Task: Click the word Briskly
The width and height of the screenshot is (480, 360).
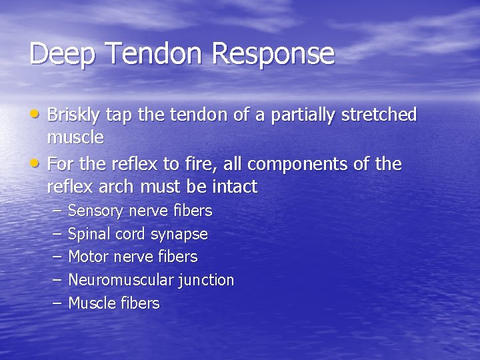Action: [73, 115]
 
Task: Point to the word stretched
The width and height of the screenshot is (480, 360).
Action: [379, 115]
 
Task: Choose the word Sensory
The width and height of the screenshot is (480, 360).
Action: [96, 211]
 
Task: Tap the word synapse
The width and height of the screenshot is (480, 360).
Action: [179, 235]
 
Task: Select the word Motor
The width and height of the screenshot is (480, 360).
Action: [88, 257]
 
